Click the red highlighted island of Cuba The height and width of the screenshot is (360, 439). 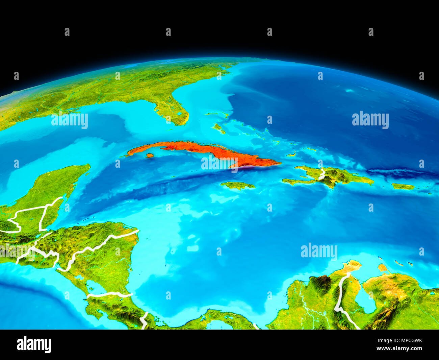point(203,149)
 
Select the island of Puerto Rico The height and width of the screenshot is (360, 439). point(403,186)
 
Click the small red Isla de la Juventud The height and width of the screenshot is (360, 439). point(150,155)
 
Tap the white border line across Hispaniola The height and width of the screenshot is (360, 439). point(322,174)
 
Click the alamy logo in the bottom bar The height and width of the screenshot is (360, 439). point(34,344)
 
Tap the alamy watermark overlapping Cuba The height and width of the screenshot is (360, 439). point(219,163)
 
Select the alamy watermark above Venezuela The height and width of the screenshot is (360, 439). point(319,251)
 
